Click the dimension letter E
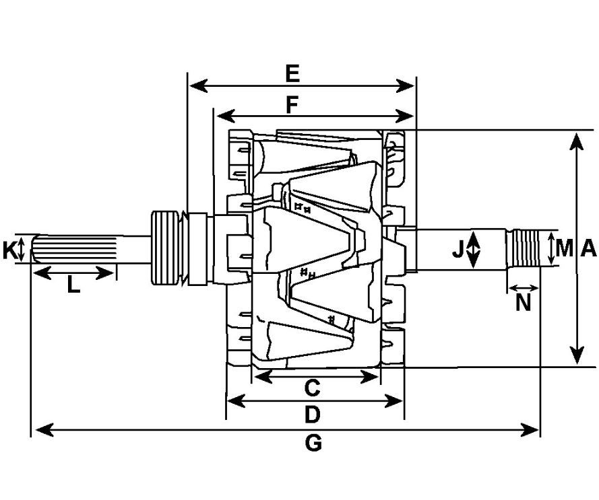pyautogui.click(x=292, y=73)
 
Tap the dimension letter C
pyautogui.click(x=311, y=388)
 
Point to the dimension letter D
pyautogui.click(x=311, y=415)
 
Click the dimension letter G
pyautogui.click(x=313, y=443)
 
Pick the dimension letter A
pyautogui.click(x=588, y=249)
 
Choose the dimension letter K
pyautogui.click(x=9, y=251)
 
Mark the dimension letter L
pyautogui.click(x=73, y=286)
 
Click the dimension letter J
pyautogui.click(x=458, y=250)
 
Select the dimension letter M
pyautogui.click(x=564, y=248)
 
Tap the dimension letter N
pyautogui.click(x=523, y=303)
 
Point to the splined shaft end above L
pyautogui.click(x=74, y=249)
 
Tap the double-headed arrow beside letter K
pyautogui.click(x=22, y=249)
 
